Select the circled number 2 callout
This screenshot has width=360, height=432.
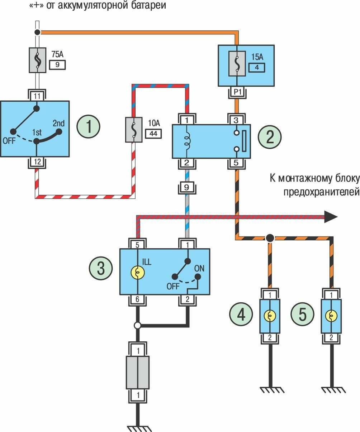(x=270, y=136)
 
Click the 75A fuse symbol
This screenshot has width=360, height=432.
(x=37, y=59)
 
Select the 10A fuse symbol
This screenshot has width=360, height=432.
(x=133, y=130)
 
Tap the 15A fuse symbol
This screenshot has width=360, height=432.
(x=237, y=65)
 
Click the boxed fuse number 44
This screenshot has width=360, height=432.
(x=153, y=134)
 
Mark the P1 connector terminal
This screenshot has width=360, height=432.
(x=237, y=92)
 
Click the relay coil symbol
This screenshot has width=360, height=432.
(x=187, y=140)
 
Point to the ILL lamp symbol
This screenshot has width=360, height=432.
(x=138, y=273)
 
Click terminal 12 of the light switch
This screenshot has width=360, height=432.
(x=37, y=162)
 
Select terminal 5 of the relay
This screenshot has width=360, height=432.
(x=237, y=163)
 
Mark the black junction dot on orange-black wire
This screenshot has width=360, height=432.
(x=270, y=238)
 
